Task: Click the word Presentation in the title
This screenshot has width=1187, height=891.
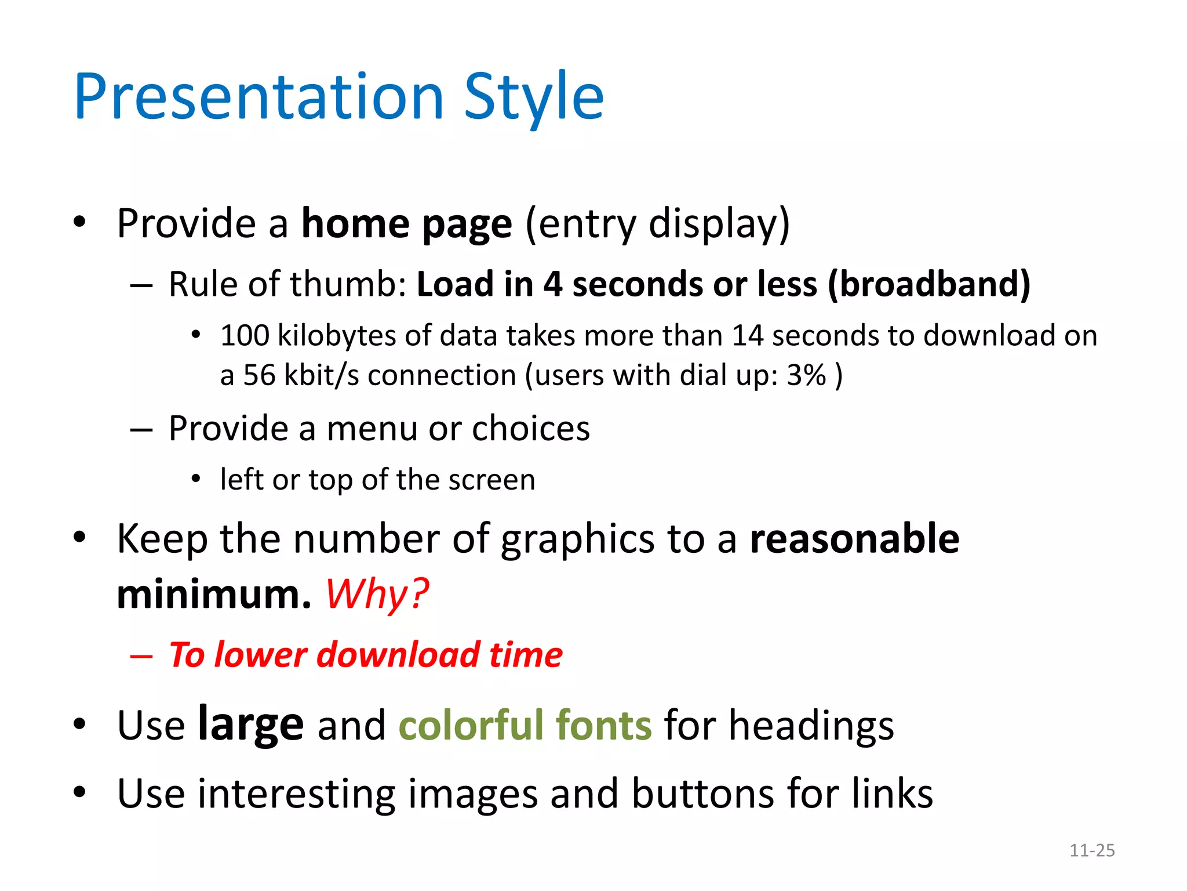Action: click(258, 97)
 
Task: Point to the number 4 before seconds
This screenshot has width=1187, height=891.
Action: click(552, 284)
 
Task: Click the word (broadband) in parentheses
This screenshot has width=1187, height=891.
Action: click(929, 284)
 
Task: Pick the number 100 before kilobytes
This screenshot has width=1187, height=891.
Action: click(245, 336)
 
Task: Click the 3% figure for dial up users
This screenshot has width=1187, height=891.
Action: click(806, 375)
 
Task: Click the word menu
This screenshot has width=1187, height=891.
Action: click(372, 429)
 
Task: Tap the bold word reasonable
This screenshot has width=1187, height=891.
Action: click(854, 539)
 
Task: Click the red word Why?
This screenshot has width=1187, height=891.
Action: click(377, 595)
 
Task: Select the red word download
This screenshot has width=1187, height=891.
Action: click(398, 655)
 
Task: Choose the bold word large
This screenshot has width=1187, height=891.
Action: click(250, 725)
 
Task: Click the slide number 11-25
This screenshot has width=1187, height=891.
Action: click(1092, 850)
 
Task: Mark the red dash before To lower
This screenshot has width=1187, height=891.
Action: click(141, 657)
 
